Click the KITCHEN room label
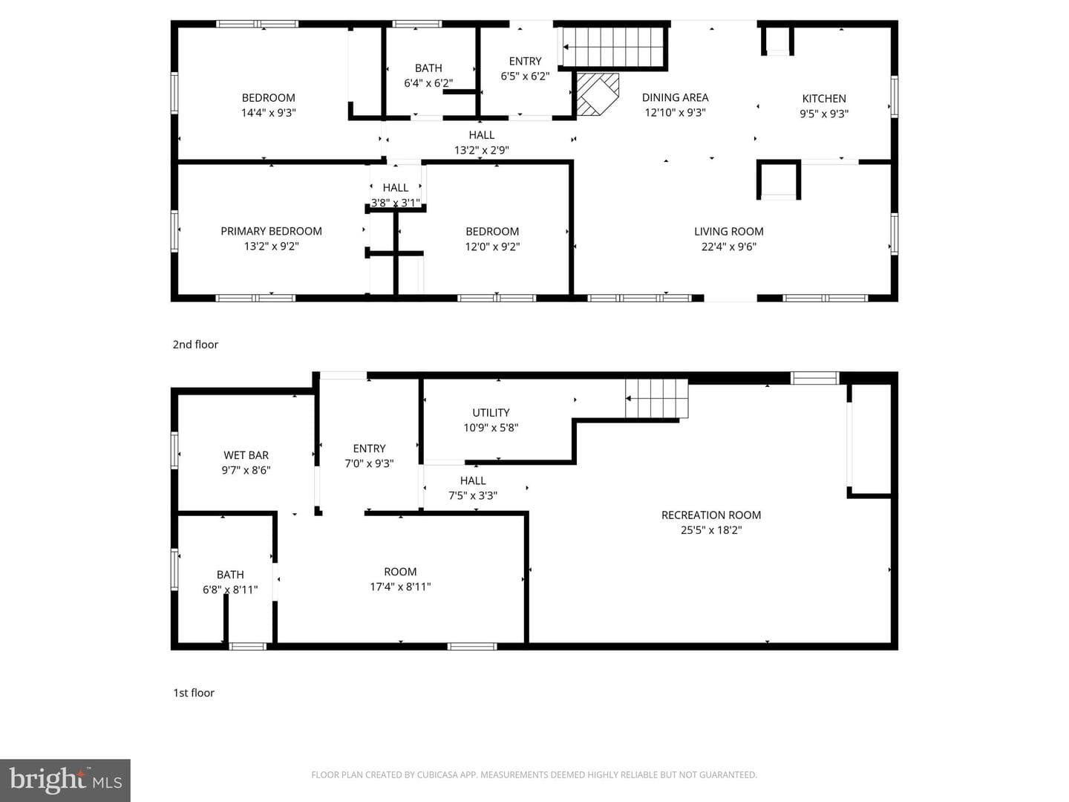(823, 98)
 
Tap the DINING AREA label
(675, 97)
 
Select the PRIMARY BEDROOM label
(271, 231)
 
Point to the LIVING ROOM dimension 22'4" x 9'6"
(728, 247)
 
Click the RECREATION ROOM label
(711, 515)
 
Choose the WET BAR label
(246, 454)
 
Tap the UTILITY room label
(491, 412)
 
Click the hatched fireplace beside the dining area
(597, 94)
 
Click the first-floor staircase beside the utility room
(656, 399)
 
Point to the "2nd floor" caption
(195, 345)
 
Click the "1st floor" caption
(194, 692)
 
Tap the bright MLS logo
(65, 780)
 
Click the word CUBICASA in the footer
(436, 775)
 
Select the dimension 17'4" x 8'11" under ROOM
(400, 587)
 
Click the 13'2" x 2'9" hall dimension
(482, 150)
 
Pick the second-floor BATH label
(428, 68)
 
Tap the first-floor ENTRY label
(369, 448)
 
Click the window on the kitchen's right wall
(894, 97)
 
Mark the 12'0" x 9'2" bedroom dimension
(492, 247)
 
